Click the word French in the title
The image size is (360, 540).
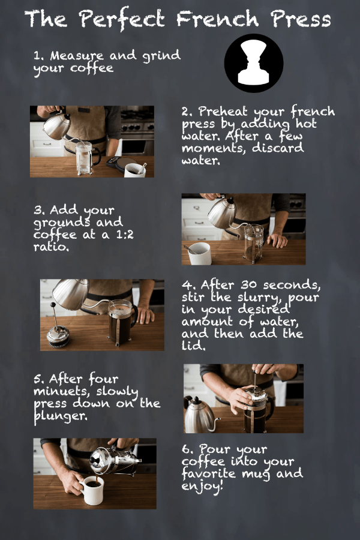(x=217, y=19)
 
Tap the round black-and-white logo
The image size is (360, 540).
(x=254, y=63)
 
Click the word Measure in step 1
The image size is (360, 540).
(x=76, y=55)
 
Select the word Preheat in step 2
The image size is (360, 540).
(x=223, y=111)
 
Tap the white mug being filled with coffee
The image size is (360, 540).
(x=91, y=490)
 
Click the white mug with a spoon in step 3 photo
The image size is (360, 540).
(x=199, y=253)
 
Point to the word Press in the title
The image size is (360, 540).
(x=301, y=19)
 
